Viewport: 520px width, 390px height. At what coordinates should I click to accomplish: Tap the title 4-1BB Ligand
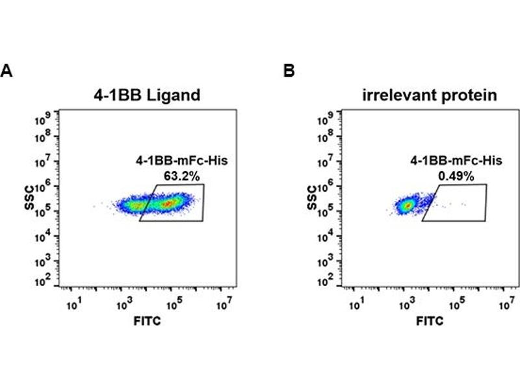146,96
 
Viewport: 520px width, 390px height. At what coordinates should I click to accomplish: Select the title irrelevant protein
429,96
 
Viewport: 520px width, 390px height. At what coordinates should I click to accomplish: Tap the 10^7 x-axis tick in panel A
223,304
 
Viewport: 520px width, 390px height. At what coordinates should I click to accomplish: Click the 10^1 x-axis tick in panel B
357,304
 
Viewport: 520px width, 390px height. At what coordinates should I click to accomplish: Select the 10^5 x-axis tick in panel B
457,304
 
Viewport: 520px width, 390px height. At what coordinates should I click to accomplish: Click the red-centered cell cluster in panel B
408,205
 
